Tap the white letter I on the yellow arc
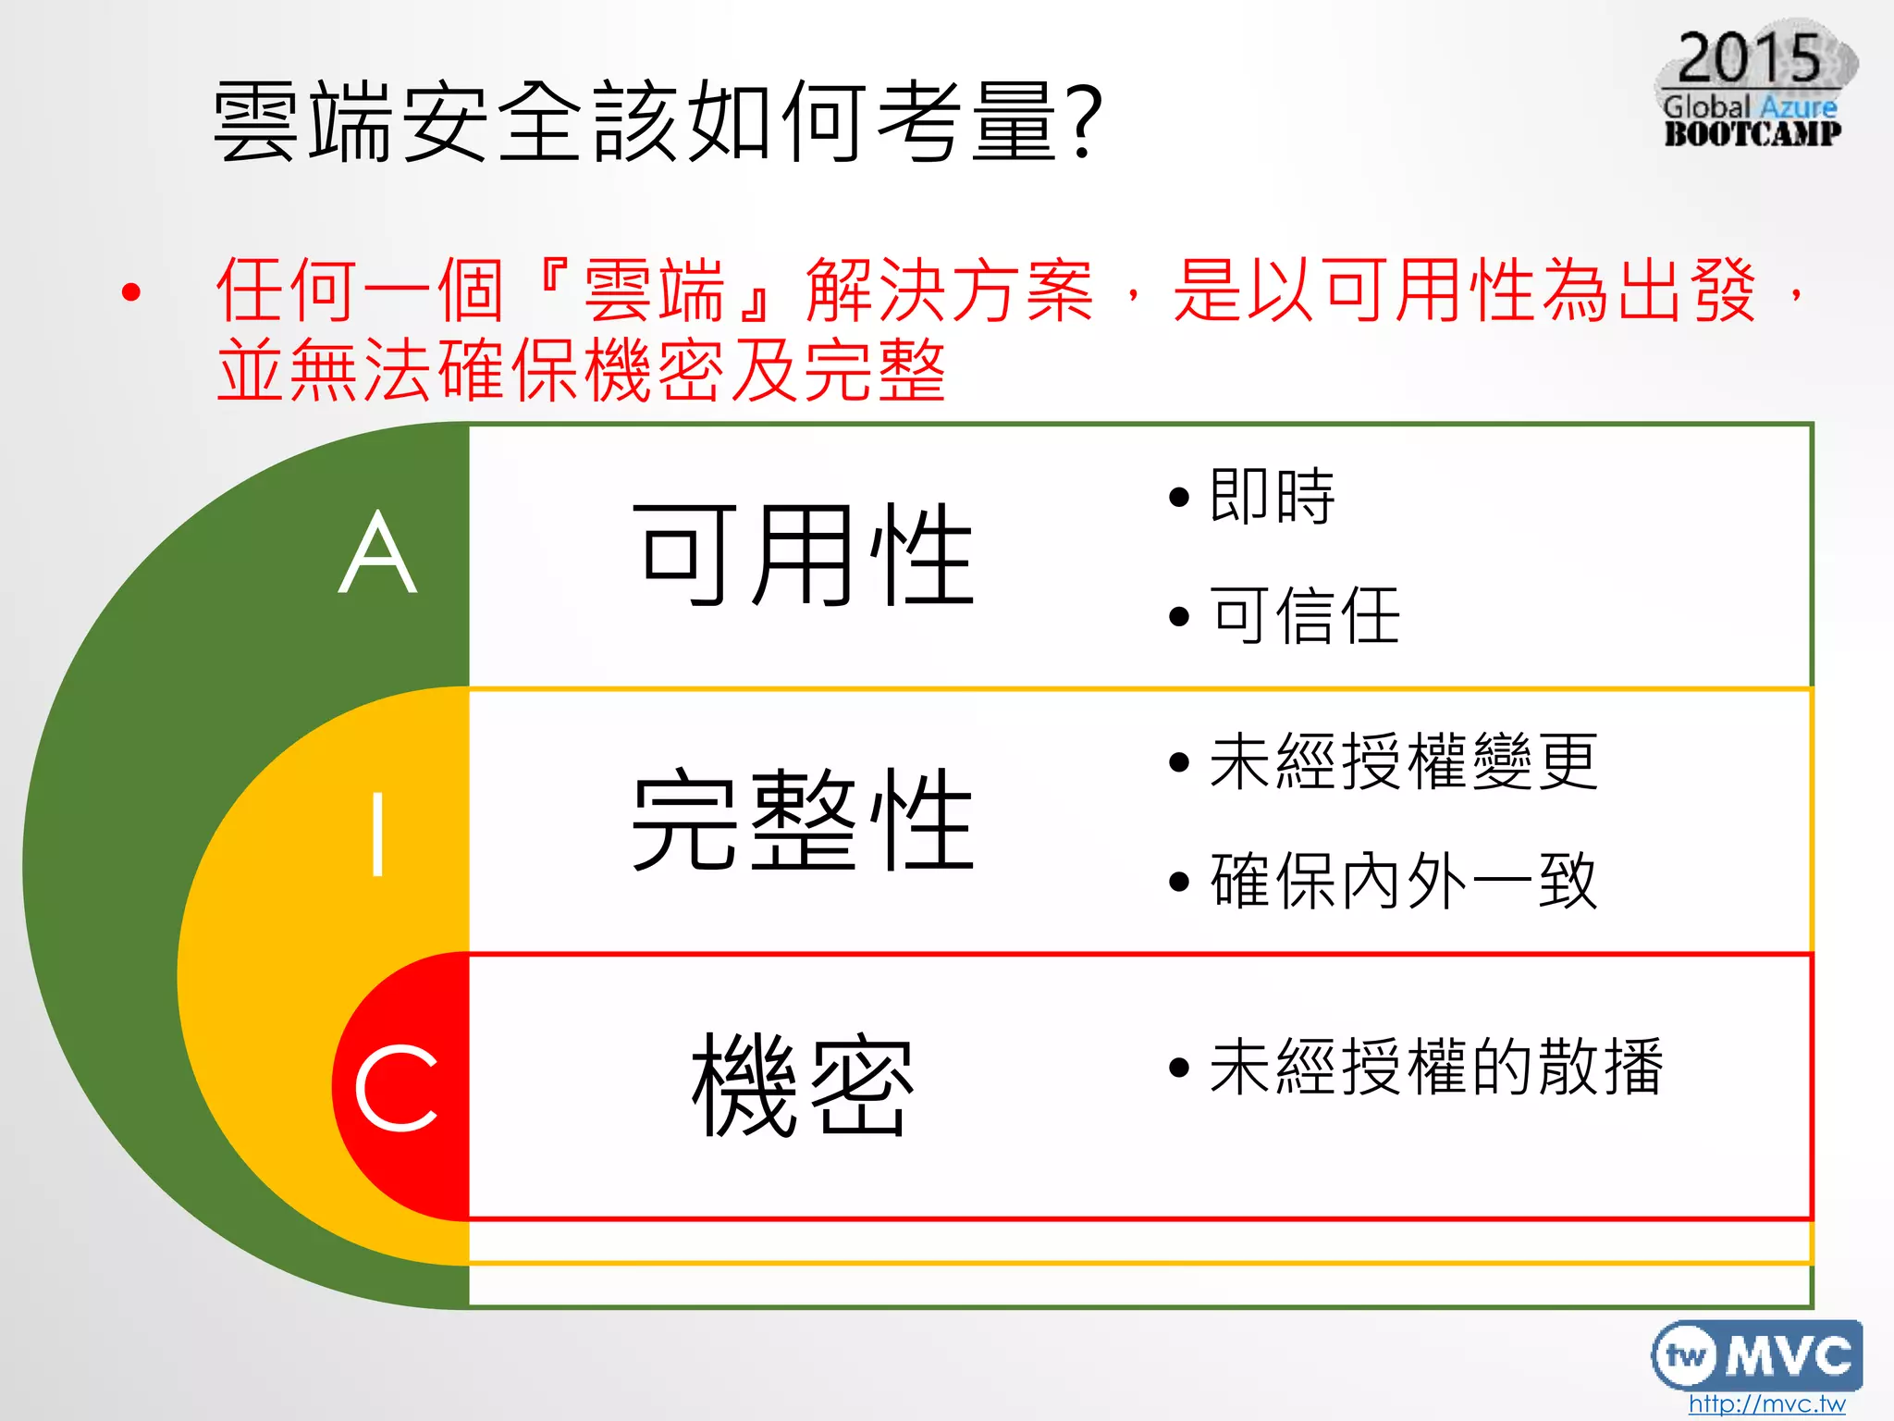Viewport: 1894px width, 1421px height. pos(377,834)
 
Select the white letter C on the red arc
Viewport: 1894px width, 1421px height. pos(396,1088)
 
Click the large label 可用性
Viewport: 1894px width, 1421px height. pos(803,554)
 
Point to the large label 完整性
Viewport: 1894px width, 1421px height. pos(803,820)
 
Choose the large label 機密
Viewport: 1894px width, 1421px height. pos(803,1084)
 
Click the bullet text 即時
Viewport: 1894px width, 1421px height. pos(1272,497)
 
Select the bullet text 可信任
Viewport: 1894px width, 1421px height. pos(1305,615)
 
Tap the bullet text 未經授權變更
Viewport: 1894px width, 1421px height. pos(1403,761)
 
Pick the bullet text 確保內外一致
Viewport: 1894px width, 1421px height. pos(1403,881)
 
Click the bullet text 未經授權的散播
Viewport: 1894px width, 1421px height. pos(1436,1067)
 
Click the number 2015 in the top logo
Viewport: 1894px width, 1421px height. pos(1749,57)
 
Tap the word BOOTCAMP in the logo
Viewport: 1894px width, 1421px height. pos(1753,133)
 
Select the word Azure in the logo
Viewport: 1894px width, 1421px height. pos(1798,106)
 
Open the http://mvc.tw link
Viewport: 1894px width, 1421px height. pos(1766,1403)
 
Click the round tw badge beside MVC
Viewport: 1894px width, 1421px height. pos(1687,1356)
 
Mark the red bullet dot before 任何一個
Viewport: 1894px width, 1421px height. pos(131,293)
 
